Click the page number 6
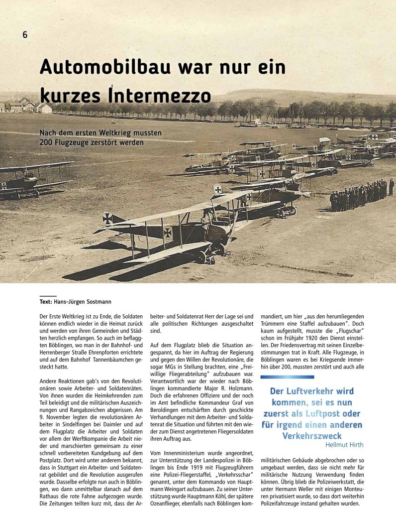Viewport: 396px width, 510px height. pos(24,34)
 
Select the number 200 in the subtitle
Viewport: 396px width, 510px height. pos(47,142)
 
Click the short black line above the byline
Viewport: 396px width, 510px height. pos(48,296)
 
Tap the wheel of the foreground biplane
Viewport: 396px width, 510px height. pos(201,256)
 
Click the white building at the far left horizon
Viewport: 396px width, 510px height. pos(44,108)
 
